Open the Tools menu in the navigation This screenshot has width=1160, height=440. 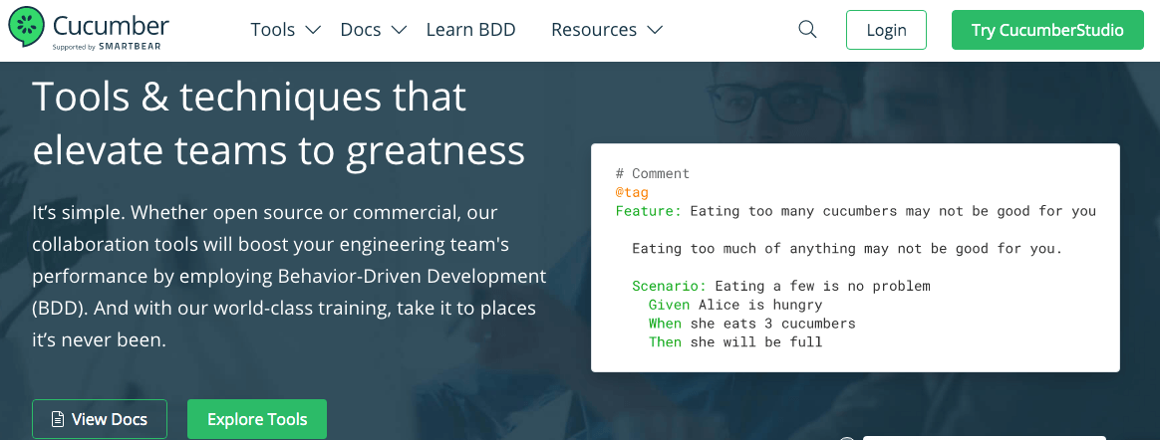(x=285, y=30)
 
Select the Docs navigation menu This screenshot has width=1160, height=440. (x=374, y=30)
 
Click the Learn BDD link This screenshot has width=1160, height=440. (x=470, y=30)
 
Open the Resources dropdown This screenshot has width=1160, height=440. (x=607, y=30)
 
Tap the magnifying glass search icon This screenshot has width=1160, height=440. (x=808, y=30)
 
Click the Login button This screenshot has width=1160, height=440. (x=886, y=30)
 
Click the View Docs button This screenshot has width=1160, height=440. (x=100, y=419)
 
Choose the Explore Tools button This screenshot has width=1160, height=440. (x=257, y=419)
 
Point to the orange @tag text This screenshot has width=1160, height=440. (x=632, y=192)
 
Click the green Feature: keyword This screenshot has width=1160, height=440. (x=649, y=211)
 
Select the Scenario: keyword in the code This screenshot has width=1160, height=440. (x=670, y=286)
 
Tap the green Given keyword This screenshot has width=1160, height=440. (x=670, y=305)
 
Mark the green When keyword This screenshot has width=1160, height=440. (x=665, y=324)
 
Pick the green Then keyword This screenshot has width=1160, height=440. (x=665, y=341)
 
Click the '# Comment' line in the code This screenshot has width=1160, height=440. (x=653, y=174)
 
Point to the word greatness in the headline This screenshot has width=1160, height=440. (x=435, y=151)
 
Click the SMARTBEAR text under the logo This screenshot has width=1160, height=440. (x=131, y=47)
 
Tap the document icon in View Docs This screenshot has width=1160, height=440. (x=57, y=419)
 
